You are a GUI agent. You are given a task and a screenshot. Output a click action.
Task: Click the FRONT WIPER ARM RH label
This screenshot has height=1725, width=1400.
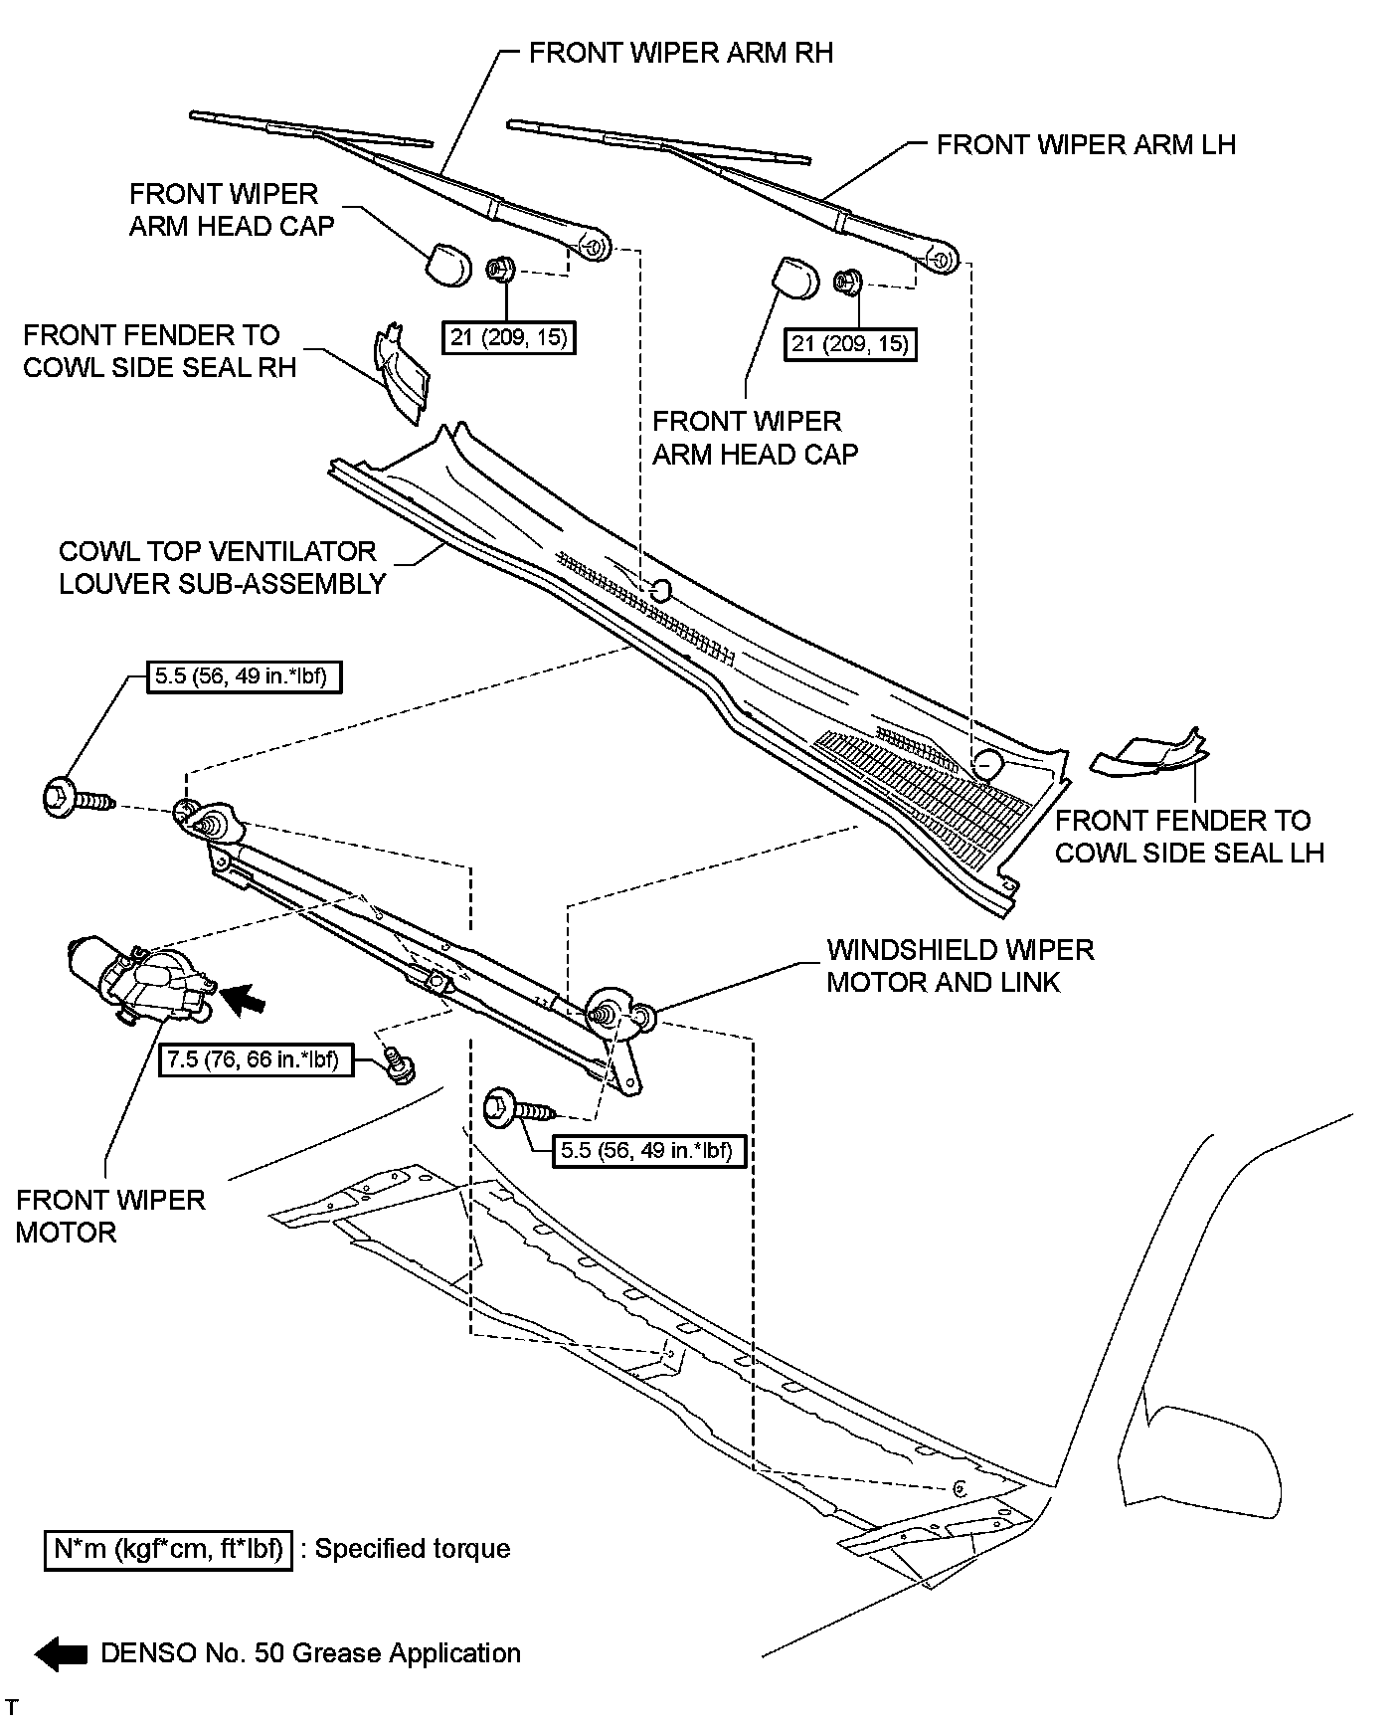[x=680, y=53]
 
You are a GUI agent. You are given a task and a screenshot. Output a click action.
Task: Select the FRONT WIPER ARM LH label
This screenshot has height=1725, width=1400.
[x=1086, y=145]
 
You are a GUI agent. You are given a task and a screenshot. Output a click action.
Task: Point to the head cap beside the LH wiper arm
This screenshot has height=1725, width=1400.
[x=795, y=278]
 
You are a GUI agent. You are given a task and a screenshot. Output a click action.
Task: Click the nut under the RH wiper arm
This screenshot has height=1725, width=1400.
[x=499, y=269]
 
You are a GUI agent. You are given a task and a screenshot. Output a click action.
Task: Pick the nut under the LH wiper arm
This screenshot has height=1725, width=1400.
[x=848, y=283]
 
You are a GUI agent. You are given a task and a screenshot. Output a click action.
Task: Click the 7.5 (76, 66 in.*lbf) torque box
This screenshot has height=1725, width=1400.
[x=253, y=1059]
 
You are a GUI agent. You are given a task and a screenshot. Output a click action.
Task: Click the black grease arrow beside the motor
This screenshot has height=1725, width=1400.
[x=245, y=999]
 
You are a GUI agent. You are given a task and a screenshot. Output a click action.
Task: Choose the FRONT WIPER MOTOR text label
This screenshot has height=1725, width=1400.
[x=109, y=1216]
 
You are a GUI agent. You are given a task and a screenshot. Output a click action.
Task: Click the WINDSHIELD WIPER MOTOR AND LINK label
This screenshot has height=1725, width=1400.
[x=960, y=966]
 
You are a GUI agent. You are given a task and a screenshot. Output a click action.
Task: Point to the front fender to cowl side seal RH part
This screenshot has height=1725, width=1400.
[x=402, y=373]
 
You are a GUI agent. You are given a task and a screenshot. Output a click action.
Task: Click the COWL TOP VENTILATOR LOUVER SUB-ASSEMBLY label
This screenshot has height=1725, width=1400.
[x=221, y=567]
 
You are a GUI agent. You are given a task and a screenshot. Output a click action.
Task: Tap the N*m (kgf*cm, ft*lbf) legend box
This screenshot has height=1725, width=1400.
[x=168, y=1549]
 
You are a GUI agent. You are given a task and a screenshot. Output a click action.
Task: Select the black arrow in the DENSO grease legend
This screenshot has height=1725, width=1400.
[x=61, y=1653]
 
